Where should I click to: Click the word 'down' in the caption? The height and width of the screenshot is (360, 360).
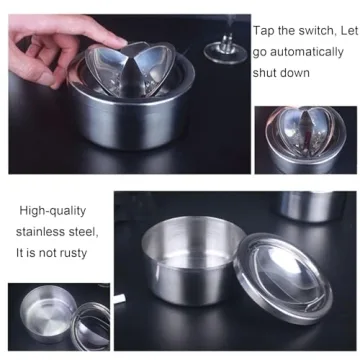[x=296, y=72]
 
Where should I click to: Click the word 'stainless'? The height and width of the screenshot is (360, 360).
[x=42, y=232]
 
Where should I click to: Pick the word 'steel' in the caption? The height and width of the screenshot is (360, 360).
[x=85, y=232]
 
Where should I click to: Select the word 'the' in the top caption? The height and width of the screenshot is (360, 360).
[x=286, y=32]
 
